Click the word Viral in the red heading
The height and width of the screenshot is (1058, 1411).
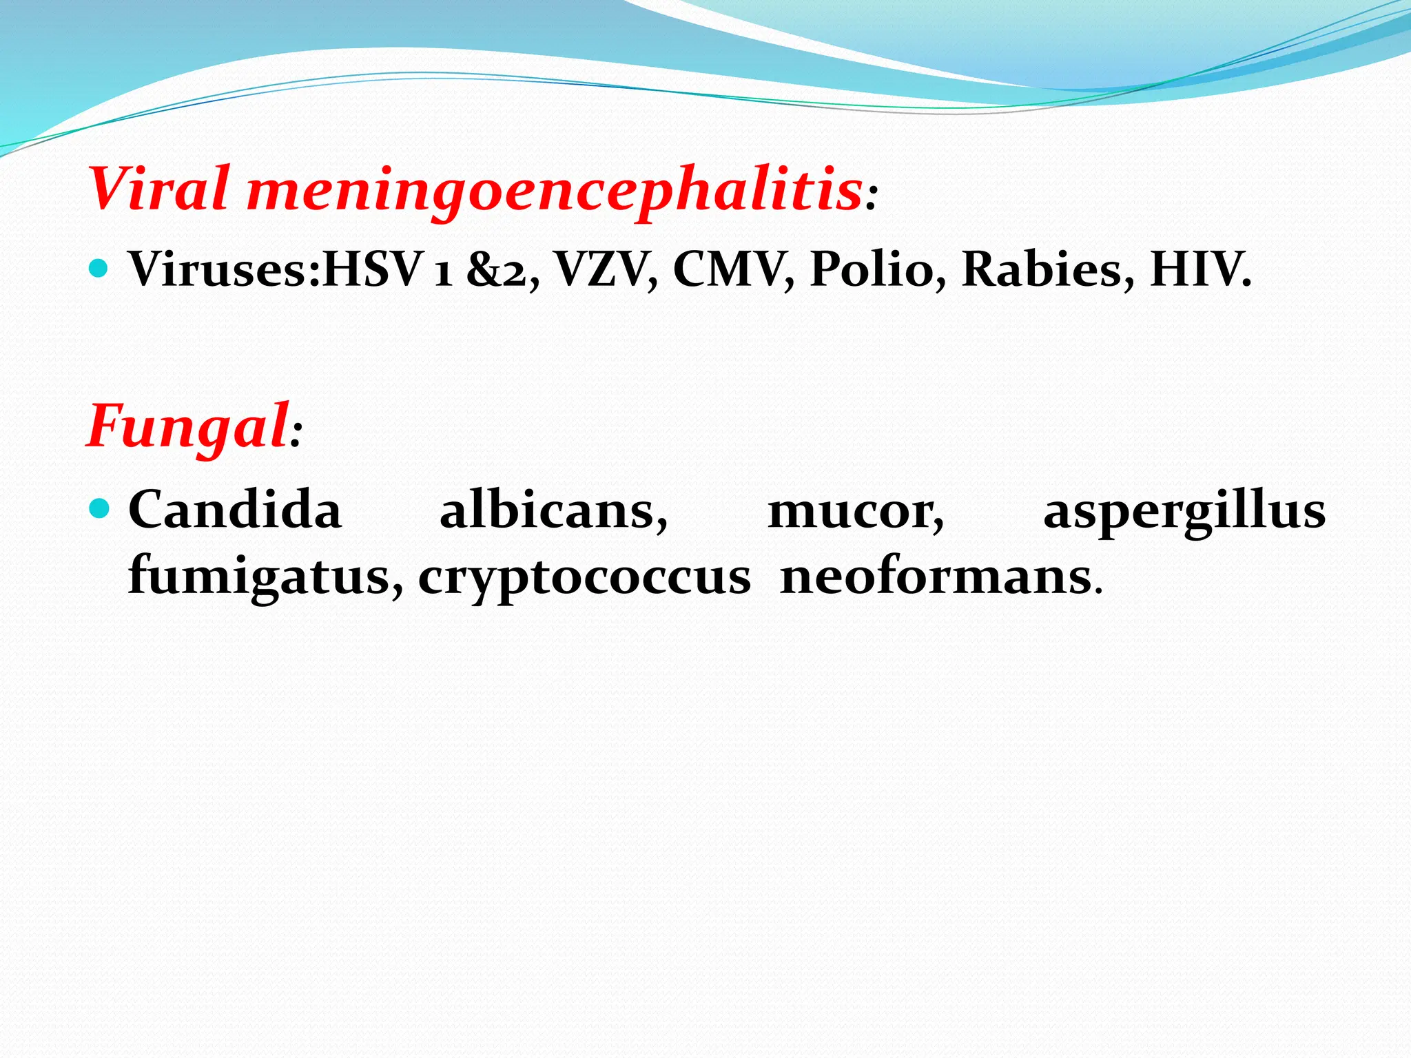[159, 188]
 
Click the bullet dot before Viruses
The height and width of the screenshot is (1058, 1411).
[99, 267]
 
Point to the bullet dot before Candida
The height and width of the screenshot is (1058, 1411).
[99, 509]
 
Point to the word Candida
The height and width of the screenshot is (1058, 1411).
[235, 510]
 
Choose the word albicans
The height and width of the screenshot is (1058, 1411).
[553, 510]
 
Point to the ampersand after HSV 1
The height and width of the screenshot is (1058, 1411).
[484, 269]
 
